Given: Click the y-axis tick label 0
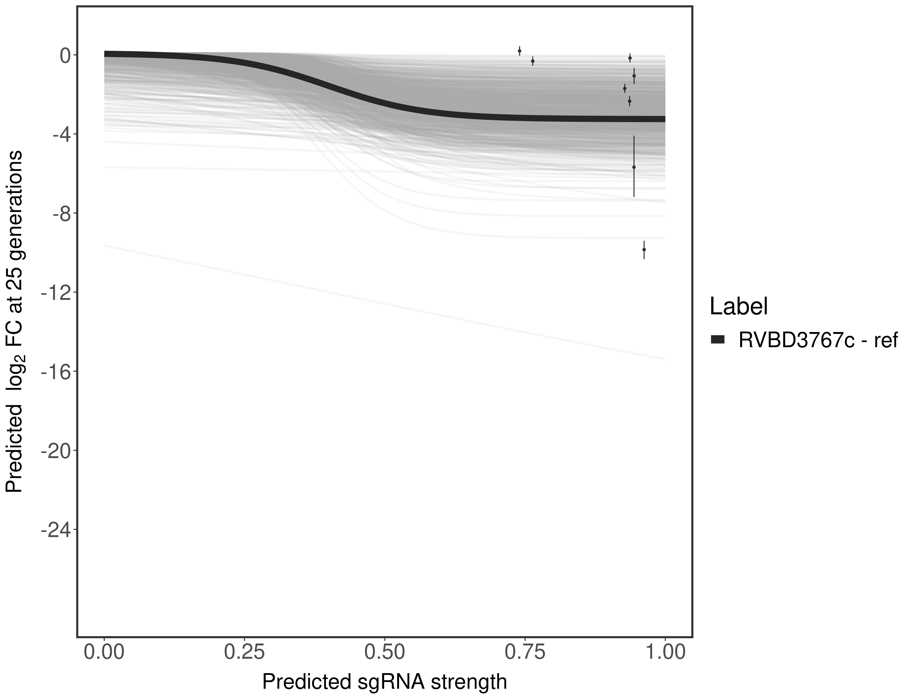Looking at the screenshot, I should pyautogui.click(x=65, y=56).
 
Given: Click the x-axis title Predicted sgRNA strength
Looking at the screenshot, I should pyautogui.click(x=384, y=682).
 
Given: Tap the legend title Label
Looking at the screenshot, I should pyautogui.click(x=738, y=307).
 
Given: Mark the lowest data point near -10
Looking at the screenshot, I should pyautogui.click(x=644, y=250).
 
